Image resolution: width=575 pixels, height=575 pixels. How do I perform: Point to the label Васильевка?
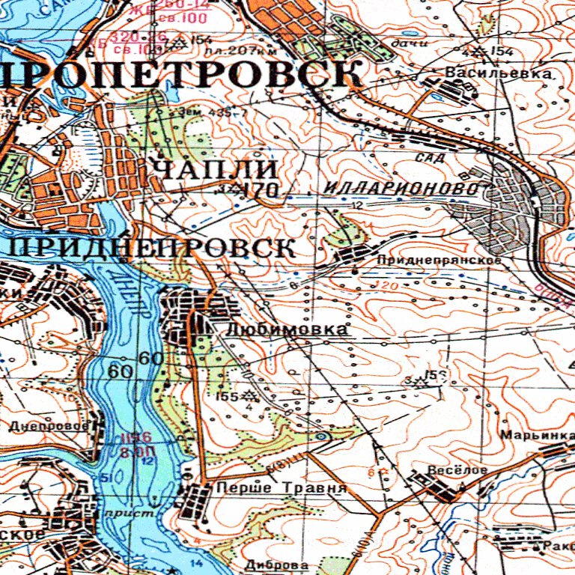pos(499,73)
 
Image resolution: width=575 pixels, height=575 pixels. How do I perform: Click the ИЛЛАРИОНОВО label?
pos(402,188)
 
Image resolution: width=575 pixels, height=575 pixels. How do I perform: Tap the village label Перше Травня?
pos(281,488)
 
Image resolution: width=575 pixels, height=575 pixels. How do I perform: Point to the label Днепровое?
pos(49,426)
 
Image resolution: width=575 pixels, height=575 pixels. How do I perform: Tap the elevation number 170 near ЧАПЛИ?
pos(261,190)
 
